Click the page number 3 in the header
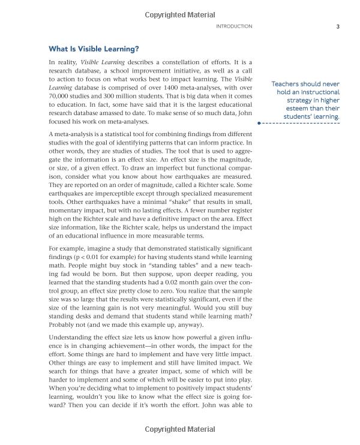(x=338, y=26)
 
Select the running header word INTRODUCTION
(x=233, y=26)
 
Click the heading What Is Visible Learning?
(x=93, y=48)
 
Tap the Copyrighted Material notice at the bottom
(x=180, y=429)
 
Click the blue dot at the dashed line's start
(x=259, y=122)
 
